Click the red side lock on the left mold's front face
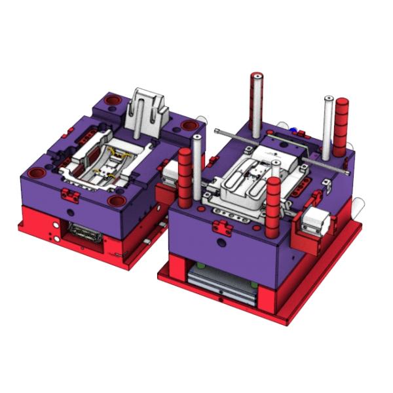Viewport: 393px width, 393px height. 70,195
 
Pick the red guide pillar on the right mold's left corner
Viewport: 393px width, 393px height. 185,177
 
